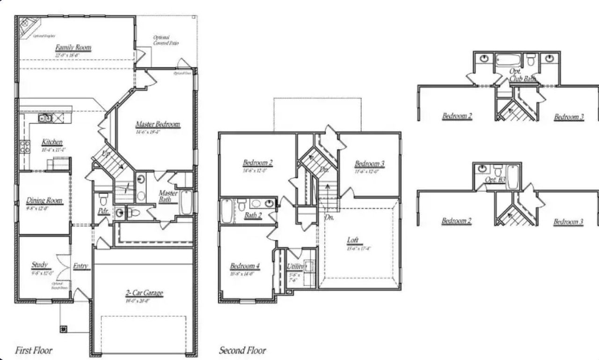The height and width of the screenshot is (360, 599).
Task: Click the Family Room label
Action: click(73, 48)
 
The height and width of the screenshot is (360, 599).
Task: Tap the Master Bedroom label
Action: click(158, 125)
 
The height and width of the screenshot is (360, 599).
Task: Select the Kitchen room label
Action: click(52, 142)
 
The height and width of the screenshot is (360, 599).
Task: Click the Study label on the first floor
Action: click(40, 265)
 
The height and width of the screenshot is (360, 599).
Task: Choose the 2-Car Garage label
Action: click(144, 294)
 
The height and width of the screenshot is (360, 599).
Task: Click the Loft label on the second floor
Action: click(353, 241)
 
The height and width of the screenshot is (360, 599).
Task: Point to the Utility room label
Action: click(295, 266)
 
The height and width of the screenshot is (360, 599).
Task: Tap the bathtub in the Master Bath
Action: click(186, 202)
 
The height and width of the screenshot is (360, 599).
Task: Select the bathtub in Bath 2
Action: click(226, 210)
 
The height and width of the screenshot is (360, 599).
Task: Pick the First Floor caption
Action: click(34, 350)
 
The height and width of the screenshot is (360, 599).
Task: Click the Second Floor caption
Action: click(242, 350)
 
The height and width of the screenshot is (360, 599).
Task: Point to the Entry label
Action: click(81, 266)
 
